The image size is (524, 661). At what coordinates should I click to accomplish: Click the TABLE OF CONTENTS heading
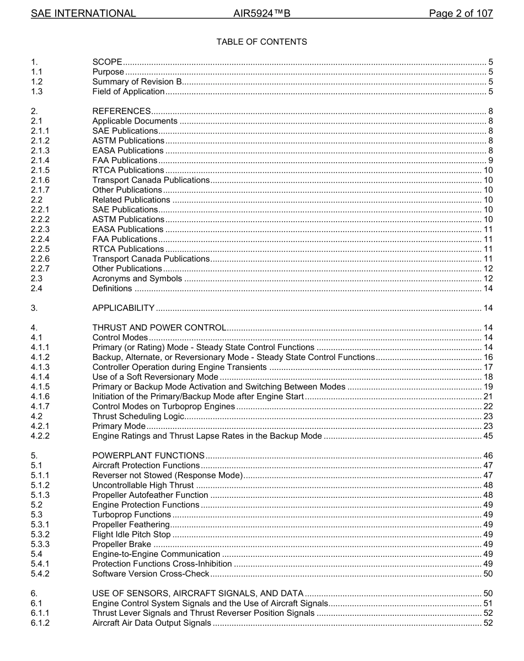point(261,42)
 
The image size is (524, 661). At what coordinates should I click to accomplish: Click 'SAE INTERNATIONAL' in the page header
point(83,14)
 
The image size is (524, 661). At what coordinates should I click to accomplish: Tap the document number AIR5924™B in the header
point(262,14)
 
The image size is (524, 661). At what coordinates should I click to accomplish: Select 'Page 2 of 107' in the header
point(461,14)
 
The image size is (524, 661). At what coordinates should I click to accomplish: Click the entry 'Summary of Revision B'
point(137,82)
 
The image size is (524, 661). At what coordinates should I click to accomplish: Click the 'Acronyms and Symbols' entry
point(137,278)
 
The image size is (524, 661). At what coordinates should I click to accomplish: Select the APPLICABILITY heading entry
point(124,308)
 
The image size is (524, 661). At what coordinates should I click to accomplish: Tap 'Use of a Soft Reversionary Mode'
point(155,377)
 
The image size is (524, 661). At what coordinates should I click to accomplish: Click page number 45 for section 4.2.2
point(488,436)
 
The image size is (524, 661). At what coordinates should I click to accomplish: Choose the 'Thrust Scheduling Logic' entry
point(138,416)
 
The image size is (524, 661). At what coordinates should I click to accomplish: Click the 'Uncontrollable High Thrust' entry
point(143,485)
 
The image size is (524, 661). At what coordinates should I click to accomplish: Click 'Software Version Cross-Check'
point(151,574)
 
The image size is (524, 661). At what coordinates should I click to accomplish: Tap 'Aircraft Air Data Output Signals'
point(152,623)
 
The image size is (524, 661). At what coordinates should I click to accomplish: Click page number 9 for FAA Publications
point(490,160)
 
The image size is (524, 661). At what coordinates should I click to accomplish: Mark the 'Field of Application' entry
point(128,92)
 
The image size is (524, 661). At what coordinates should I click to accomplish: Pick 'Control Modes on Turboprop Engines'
point(163,406)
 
